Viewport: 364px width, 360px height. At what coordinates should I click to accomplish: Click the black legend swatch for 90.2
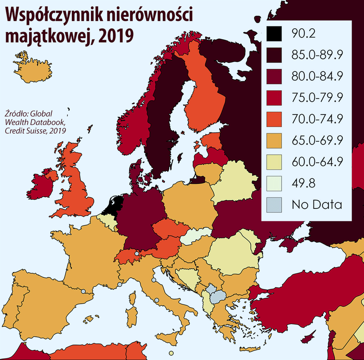click(274, 33)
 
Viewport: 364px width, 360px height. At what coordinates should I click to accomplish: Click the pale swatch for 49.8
click(274, 183)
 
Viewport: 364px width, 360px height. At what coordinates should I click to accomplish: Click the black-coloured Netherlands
click(111, 204)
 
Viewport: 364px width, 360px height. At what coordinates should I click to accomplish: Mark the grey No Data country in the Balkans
click(217, 294)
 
